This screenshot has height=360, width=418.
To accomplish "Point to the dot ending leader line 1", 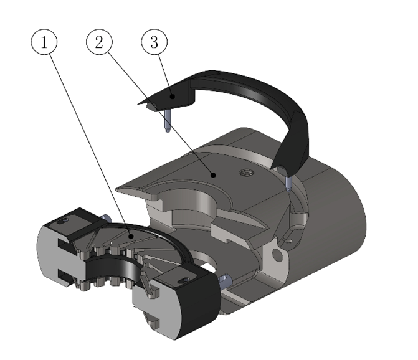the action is pyautogui.click(x=130, y=235).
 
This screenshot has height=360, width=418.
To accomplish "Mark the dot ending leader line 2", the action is pyautogui.click(x=214, y=176).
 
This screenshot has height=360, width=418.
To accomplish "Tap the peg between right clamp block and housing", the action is pyautogui.click(x=224, y=280).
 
